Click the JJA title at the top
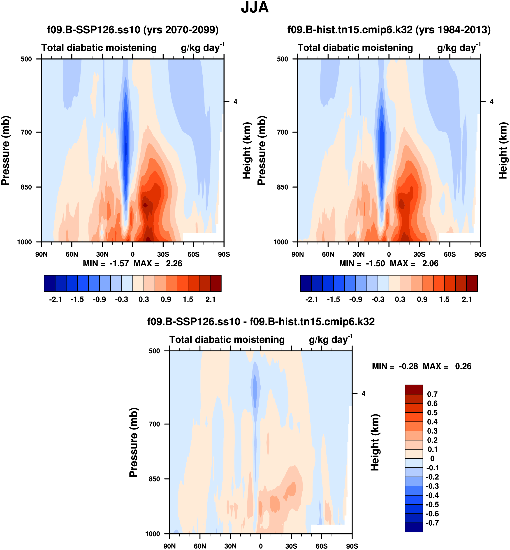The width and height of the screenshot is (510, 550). [x=255, y=8]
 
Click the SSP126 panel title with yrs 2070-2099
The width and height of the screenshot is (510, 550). [x=133, y=30]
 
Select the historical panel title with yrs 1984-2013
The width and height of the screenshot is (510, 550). [x=389, y=30]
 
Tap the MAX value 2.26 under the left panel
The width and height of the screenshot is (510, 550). [x=174, y=264]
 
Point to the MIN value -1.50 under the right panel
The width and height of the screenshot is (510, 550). [x=375, y=264]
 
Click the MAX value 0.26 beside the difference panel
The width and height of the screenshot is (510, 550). [x=463, y=366]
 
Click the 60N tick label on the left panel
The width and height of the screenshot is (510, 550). [x=72, y=254]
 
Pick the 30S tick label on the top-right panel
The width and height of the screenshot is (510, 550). [x=419, y=254]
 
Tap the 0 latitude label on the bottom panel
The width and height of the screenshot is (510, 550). [x=261, y=546]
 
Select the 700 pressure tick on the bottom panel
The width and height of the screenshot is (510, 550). [x=154, y=424]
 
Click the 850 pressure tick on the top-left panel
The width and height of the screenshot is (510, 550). [x=26, y=187]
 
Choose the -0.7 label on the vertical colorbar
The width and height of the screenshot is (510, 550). [x=432, y=523]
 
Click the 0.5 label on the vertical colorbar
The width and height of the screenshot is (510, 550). [x=432, y=413]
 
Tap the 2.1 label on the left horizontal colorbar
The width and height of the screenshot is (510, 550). [x=210, y=299]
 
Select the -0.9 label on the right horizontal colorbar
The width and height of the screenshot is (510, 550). [x=355, y=299]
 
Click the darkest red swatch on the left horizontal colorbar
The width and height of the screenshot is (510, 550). [x=216, y=283]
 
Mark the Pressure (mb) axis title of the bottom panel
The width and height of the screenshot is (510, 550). [x=133, y=442]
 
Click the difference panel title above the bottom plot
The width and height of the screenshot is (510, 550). [x=261, y=322]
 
